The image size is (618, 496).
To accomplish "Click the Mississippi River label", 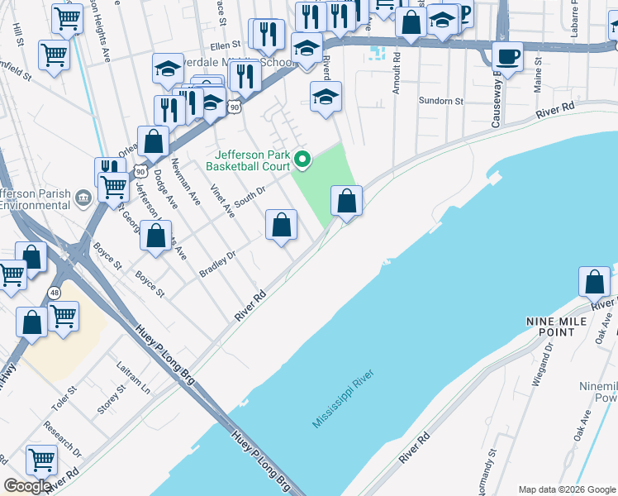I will click(343, 399).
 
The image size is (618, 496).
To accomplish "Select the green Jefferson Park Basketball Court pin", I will click(302, 160).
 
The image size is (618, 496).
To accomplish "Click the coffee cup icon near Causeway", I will click(508, 57).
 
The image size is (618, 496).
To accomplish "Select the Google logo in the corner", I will click(27, 486).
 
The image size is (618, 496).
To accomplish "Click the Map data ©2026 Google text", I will click(566, 489).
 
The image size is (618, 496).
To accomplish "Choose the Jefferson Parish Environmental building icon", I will click(83, 198).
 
